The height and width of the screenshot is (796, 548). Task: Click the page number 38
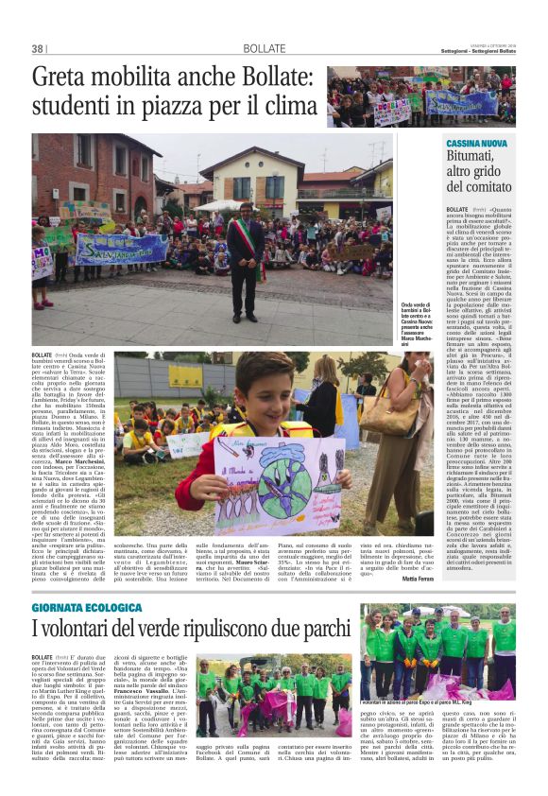pos(38,49)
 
